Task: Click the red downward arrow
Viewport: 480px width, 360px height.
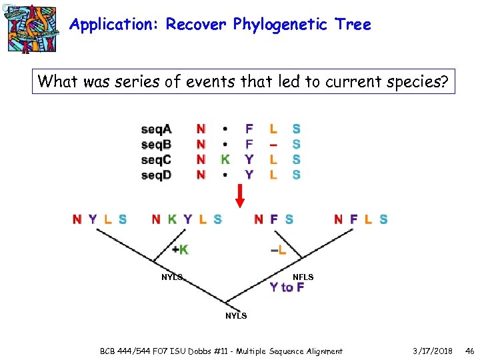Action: click(241, 196)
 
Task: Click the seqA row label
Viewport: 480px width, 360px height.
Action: click(156, 129)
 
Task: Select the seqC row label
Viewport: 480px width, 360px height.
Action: click(156, 159)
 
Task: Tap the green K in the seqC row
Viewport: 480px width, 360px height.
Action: click(225, 159)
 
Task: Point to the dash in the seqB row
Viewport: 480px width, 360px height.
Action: click(273, 144)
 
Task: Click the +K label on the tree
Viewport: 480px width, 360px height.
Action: click(179, 250)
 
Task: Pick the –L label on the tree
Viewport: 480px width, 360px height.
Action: click(279, 250)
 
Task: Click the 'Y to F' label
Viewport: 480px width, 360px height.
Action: click(287, 287)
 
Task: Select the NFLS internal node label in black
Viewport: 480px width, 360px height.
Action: click(303, 277)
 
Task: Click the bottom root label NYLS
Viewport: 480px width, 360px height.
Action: click(235, 315)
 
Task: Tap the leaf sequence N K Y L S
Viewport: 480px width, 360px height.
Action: click(187, 219)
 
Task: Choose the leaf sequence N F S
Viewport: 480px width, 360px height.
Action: click(273, 219)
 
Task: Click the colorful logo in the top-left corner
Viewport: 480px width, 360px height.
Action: click(29, 27)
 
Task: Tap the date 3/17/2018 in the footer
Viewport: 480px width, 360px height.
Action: click(432, 351)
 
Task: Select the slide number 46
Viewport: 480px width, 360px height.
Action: click(469, 351)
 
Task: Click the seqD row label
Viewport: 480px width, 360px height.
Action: click(156, 175)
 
